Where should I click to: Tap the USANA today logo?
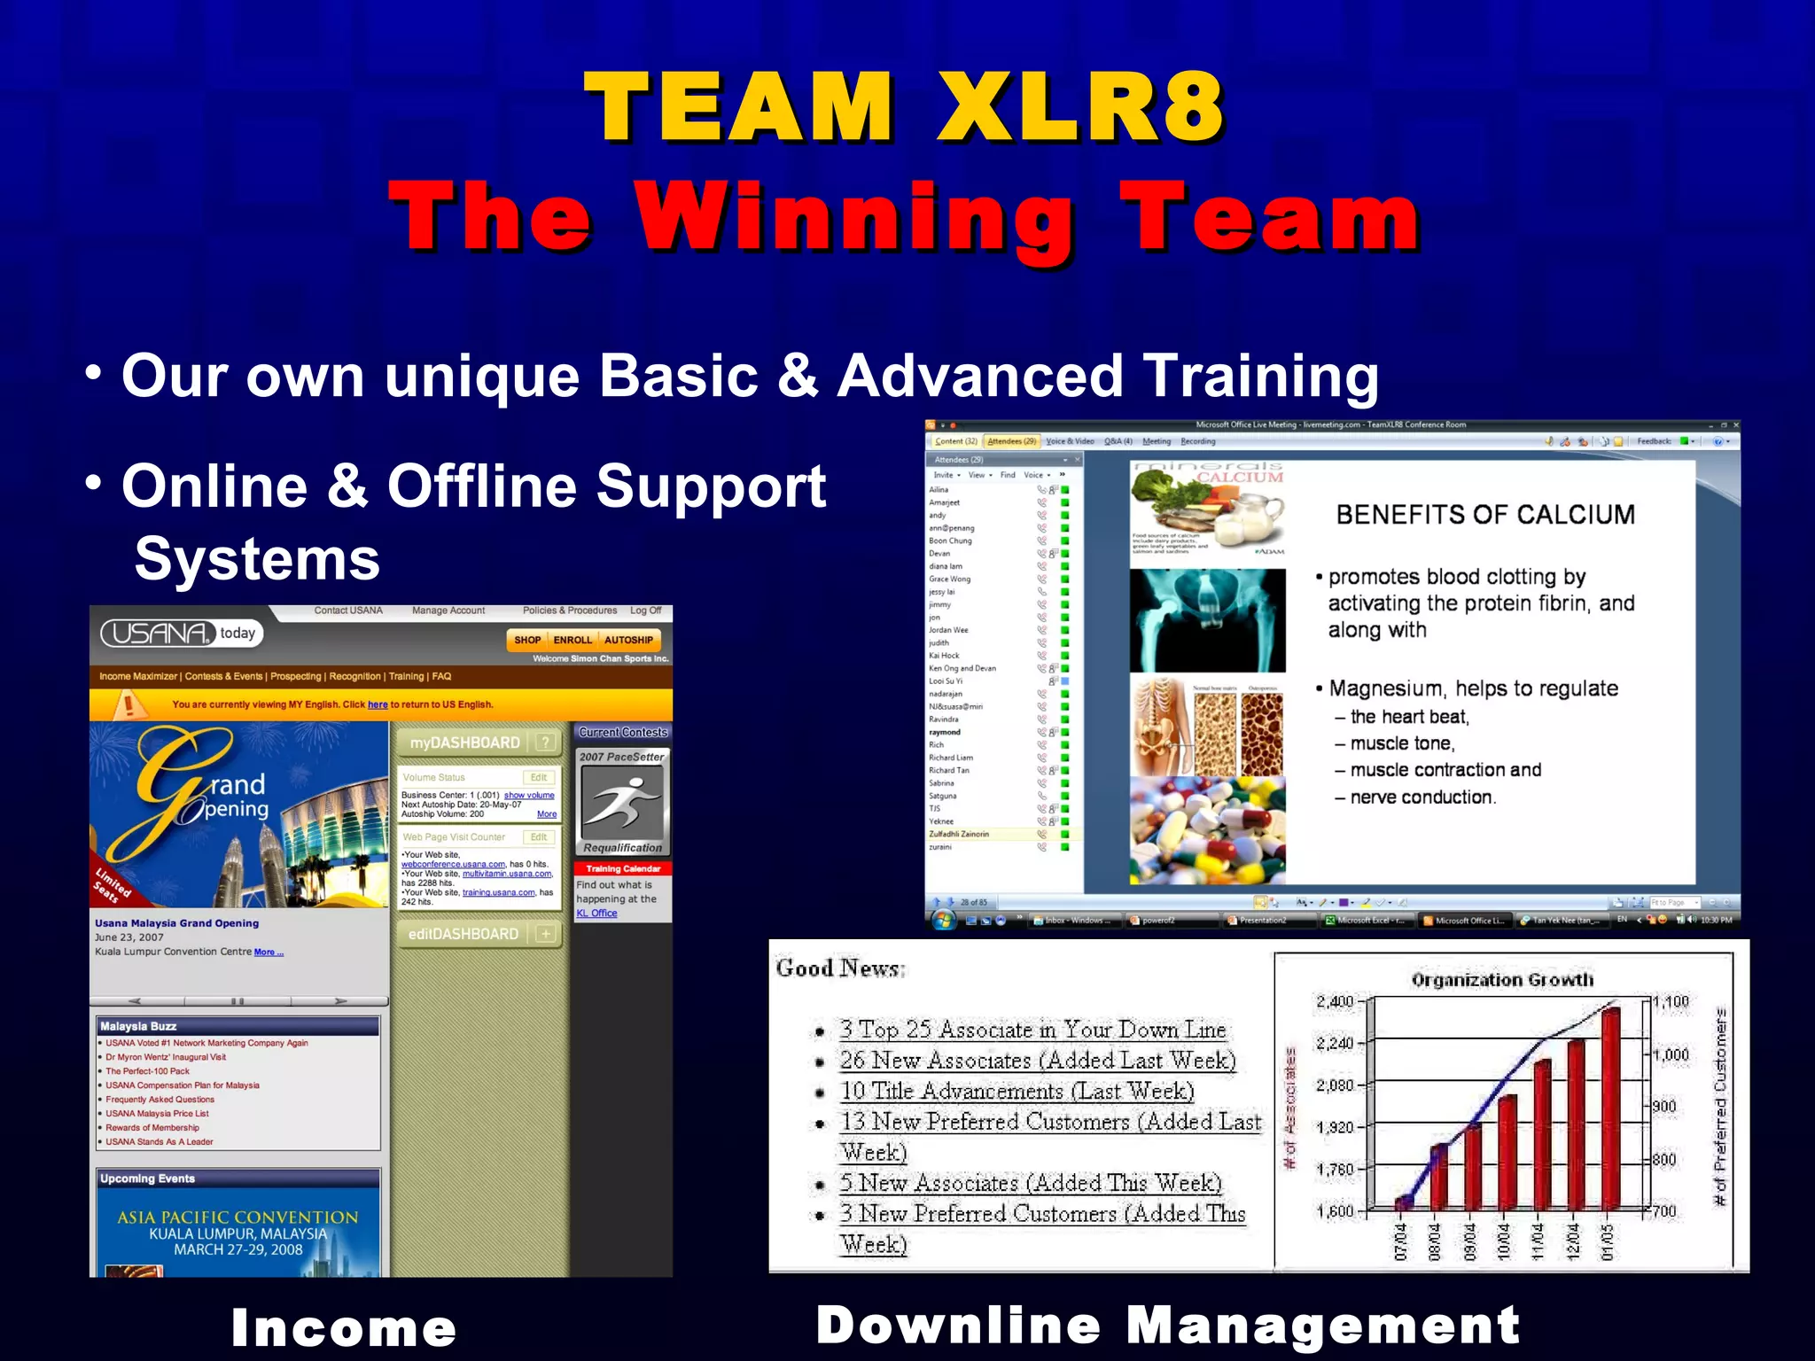(182, 633)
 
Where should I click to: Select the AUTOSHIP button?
(628, 640)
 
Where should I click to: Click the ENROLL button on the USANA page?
(573, 640)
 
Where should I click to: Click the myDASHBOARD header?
(465, 743)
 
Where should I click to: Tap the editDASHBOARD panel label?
(463, 934)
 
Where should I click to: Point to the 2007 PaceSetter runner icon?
(621, 801)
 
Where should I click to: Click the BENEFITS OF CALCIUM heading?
(1485, 515)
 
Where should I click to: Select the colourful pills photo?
(1207, 831)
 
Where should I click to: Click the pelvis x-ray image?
(1207, 620)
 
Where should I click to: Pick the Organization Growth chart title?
(1502, 980)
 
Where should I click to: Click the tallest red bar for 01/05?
(1610, 1108)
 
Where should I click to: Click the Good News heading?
(839, 968)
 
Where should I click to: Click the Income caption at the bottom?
(344, 1327)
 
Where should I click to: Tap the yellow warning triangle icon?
(129, 704)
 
